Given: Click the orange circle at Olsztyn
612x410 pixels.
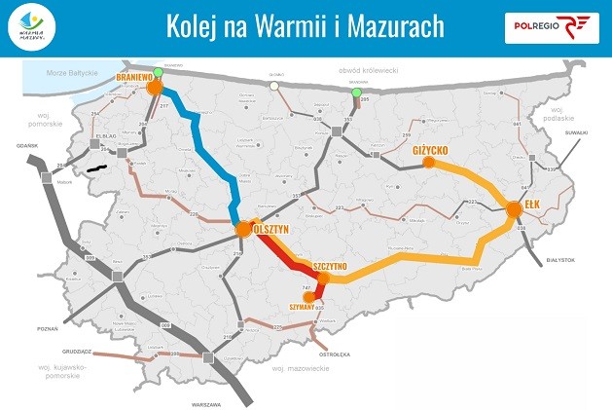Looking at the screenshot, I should click(x=243, y=230).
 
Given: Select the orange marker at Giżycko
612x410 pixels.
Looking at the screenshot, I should click(x=428, y=163).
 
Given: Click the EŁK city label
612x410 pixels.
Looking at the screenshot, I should click(x=531, y=205).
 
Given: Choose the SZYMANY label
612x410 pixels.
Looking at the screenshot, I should click(x=304, y=306).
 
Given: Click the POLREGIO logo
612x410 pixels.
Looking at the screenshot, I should click(x=551, y=27).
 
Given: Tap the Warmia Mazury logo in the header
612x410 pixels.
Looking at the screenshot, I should click(x=36, y=27).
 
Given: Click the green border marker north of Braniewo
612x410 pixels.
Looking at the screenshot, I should click(x=158, y=73).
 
